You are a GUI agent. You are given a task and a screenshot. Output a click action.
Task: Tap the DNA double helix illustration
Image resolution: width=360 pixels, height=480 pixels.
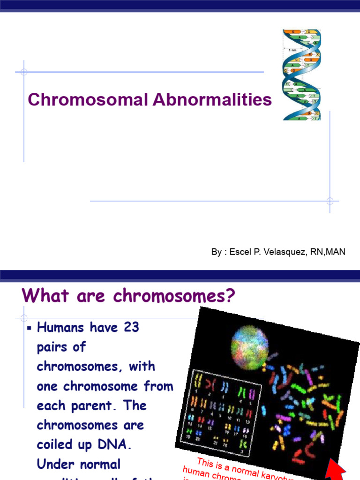pyautogui.click(x=301, y=75)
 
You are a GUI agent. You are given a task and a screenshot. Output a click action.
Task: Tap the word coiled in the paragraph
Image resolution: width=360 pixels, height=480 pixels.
pyautogui.click(x=54, y=445)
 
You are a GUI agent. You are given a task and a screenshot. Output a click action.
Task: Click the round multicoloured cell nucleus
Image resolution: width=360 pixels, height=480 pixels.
pyautogui.click(x=249, y=347)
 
